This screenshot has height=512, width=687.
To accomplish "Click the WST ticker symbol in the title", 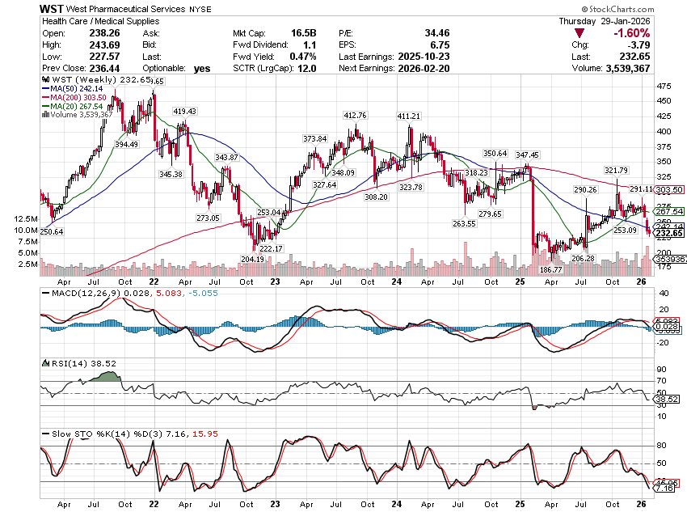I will (x=53, y=7).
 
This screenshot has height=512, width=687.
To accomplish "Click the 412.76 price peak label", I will (x=355, y=116).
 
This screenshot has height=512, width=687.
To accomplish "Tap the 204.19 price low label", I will (x=252, y=259).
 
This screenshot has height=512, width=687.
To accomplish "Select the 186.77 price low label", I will (x=550, y=269).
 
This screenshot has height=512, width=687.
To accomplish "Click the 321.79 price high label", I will (x=616, y=171).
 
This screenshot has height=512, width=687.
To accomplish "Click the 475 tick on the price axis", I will (x=661, y=86).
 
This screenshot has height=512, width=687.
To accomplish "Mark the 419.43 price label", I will (x=184, y=111).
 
